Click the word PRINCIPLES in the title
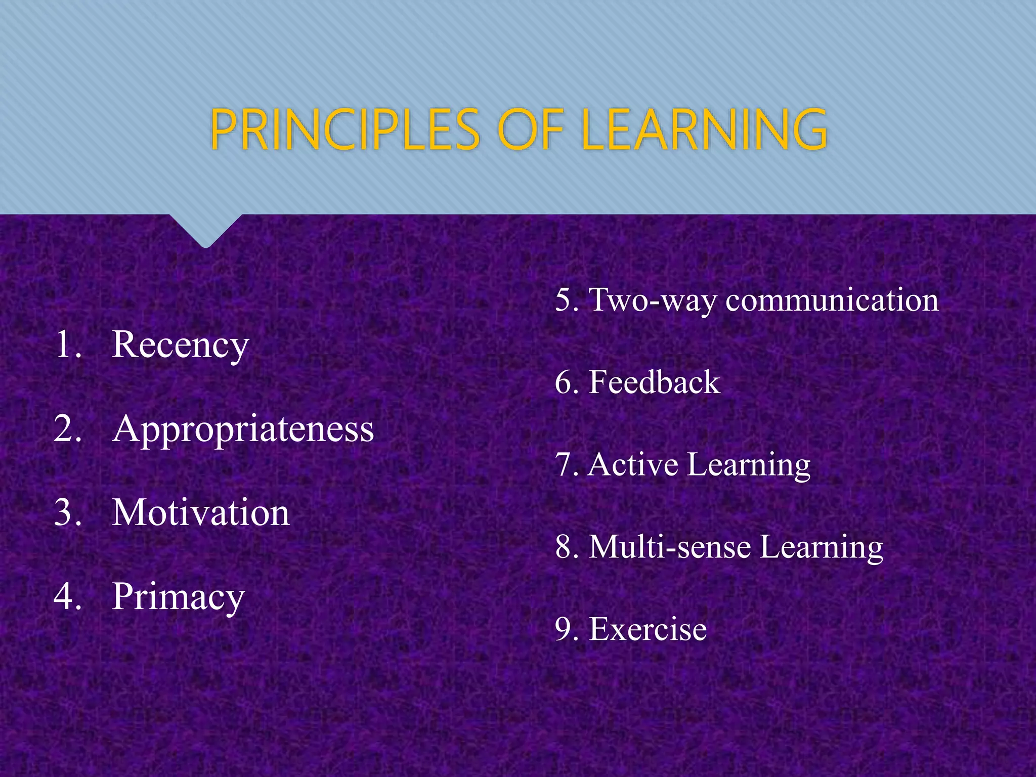click(344, 130)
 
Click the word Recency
click(180, 346)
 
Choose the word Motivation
click(201, 513)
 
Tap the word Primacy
click(178, 597)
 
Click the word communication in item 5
click(832, 300)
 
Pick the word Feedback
click(654, 382)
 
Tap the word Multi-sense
click(670, 547)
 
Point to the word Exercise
click(648, 630)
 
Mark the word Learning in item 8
click(822, 547)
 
